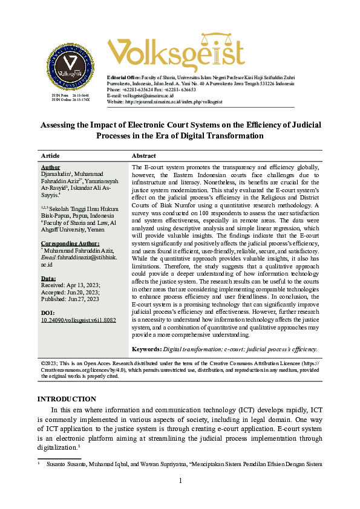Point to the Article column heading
[50, 155]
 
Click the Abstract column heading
[143, 155]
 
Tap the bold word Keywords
[146, 349]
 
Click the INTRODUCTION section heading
[67, 399]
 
